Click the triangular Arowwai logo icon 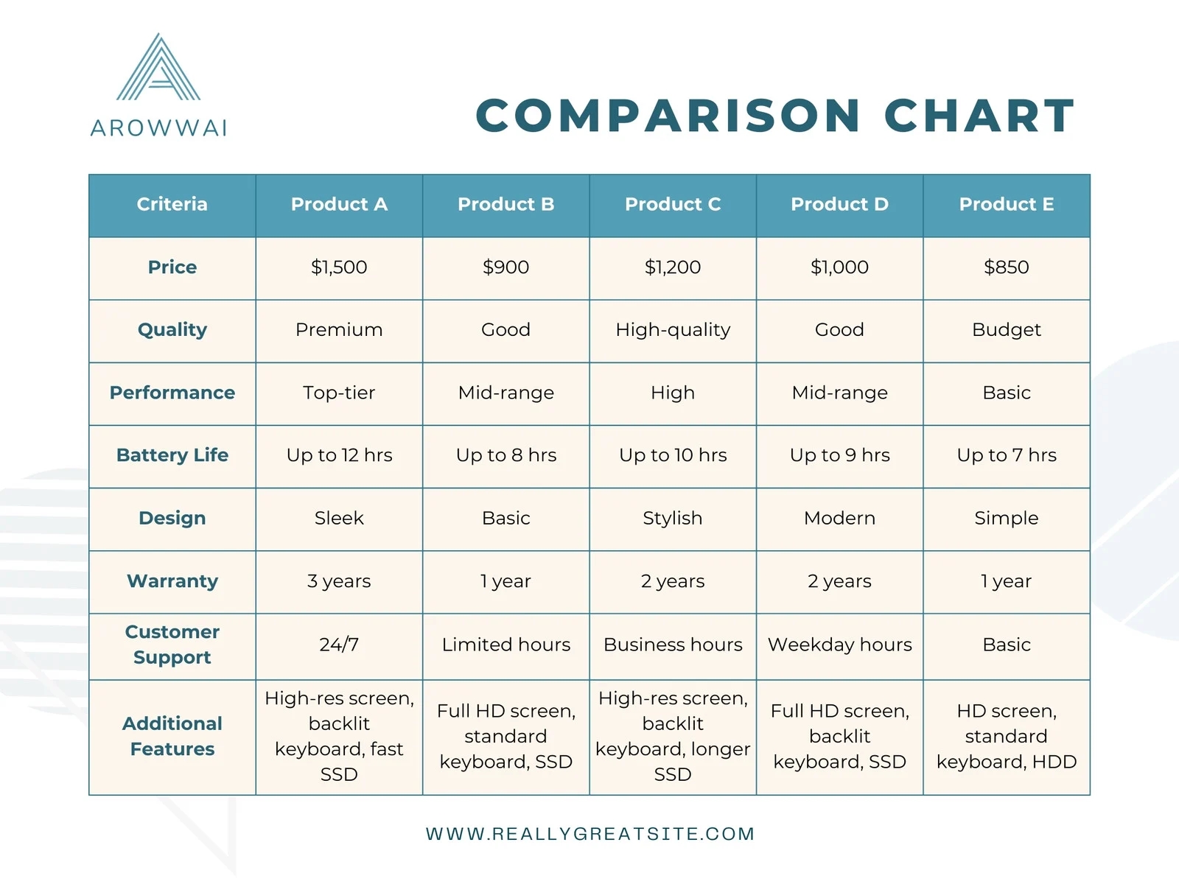(x=158, y=68)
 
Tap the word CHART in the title (x=979, y=116)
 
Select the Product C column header (x=673, y=204)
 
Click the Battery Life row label (x=172, y=455)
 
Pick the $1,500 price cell (x=339, y=267)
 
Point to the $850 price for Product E (x=1007, y=267)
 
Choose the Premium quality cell (x=339, y=330)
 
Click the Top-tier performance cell (x=339, y=393)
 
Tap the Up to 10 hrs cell (x=673, y=455)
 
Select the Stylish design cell (x=673, y=518)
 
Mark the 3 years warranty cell (x=339, y=581)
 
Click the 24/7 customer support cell (x=339, y=645)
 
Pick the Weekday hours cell (x=839, y=645)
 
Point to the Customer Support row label (x=172, y=645)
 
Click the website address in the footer (x=590, y=834)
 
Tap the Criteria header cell (x=172, y=204)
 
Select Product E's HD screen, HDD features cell (x=1007, y=737)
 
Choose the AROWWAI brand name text (x=158, y=128)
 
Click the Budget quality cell (x=1007, y=330)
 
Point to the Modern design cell (x=839, y=518)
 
